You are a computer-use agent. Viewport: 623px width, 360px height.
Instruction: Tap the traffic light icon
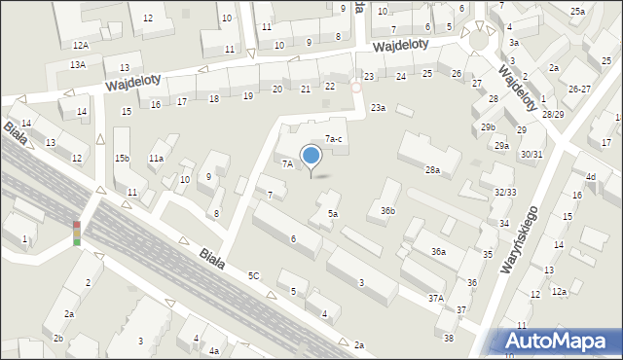[x=76, y=234]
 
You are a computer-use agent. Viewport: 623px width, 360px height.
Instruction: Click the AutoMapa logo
[x=557, y=341]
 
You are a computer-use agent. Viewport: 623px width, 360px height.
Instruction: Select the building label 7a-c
[x=333, y=139]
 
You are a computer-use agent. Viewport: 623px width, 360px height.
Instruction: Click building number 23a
[x=377, y=107]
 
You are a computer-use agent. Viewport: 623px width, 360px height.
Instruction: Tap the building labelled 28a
[x=432, y=170]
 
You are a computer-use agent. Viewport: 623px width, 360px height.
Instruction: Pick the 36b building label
[x=387, y=210]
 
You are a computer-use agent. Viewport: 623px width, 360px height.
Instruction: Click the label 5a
[x=332, y=213]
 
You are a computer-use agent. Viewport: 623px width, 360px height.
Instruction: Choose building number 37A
[x=435, y=299]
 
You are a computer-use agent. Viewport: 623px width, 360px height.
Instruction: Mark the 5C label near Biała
[x=253, y=276]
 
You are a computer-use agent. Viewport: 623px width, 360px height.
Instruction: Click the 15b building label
[x=122, y=159]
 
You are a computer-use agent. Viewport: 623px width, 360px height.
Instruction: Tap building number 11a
[x=156, y=158]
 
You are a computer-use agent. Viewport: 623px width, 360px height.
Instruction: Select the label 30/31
[x=531, y=154]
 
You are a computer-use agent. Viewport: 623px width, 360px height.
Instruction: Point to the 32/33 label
[x=504, y=192]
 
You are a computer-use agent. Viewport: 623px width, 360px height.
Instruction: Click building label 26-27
[x=579, y=89]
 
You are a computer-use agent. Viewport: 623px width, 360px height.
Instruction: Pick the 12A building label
[x=80, y=45]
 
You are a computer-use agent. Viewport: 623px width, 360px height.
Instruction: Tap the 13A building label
[x=78, y=64]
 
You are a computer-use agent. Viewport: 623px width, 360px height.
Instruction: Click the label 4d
[x=590, y=176]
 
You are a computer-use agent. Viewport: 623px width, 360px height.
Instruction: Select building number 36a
[x=439, y=252]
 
